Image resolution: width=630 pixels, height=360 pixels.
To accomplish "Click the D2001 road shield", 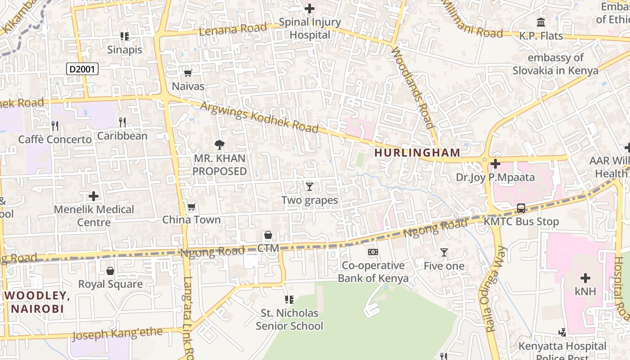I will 82,69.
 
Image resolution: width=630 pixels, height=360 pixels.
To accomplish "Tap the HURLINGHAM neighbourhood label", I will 417,153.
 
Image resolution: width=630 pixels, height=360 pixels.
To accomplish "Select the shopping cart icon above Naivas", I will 188,73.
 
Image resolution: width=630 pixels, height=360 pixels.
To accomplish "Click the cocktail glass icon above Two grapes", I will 309,186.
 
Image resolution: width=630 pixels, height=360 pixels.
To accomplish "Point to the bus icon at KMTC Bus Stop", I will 521,208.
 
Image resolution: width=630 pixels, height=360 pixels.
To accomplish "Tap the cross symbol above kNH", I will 585,278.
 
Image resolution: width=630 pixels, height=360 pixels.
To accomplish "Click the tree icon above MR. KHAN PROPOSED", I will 219,145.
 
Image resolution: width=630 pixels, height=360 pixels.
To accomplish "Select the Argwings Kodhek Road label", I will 259,117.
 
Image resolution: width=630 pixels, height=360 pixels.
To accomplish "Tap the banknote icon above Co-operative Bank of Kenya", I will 373,252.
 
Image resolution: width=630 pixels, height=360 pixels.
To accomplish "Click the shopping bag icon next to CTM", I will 268,235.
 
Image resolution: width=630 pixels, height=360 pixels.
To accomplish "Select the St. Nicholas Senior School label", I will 289,319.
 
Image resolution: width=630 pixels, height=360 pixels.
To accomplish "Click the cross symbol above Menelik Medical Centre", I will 94,196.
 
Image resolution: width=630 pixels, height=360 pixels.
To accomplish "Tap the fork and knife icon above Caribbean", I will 122,121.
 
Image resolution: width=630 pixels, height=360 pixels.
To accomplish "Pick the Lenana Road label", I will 233,29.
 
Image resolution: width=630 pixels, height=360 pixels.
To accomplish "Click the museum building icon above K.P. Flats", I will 541,22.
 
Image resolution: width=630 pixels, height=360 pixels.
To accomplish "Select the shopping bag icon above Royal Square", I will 110,271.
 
